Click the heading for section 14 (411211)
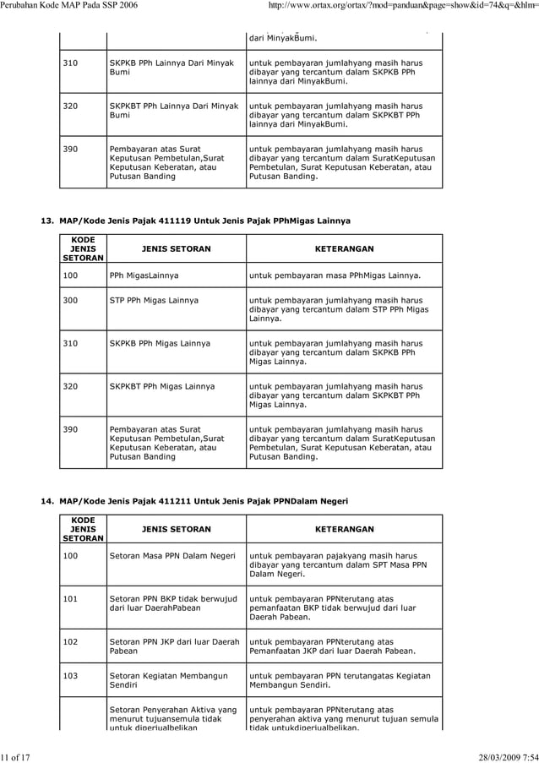[x=195, y=501]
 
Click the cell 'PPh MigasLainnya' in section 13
[x=144, y=275]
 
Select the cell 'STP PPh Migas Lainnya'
[x=154, y=300]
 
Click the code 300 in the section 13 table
[x=71, y=300]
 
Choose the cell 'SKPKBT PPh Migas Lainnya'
[x=162, y=386]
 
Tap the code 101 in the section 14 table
[x=71, y=598]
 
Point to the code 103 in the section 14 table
[x=71, y=676]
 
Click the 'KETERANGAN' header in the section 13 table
[x=344, y=249]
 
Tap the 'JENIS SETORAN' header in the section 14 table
[x=176, y=529]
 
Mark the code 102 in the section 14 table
[x=71, y=641]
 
